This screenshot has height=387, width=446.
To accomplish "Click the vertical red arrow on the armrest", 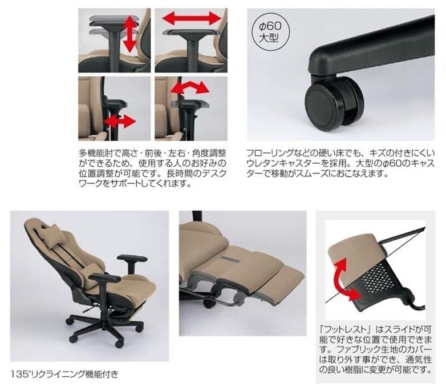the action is click(x=130, y=34).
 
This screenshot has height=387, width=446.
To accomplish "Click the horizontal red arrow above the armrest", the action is click(x=192, y=18).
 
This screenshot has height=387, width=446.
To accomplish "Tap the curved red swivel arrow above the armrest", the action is click(x=190, y=87).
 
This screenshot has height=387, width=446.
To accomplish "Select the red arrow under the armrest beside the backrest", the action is click(x=120, y=122).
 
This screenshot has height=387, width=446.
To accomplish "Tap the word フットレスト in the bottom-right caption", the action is click(x=346, y=330).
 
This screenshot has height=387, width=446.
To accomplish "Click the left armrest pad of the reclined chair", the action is click(x=104, y=277).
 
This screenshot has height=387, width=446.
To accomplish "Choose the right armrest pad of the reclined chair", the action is click(x=132, y=258).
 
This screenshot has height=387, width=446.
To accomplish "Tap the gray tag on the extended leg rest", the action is click(x=230, y=259).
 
